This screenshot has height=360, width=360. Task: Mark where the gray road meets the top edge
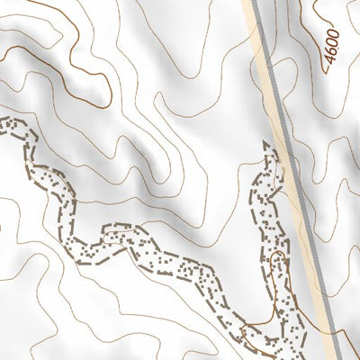click(254, 1)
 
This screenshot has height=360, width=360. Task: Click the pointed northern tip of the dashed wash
click(267, 144)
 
